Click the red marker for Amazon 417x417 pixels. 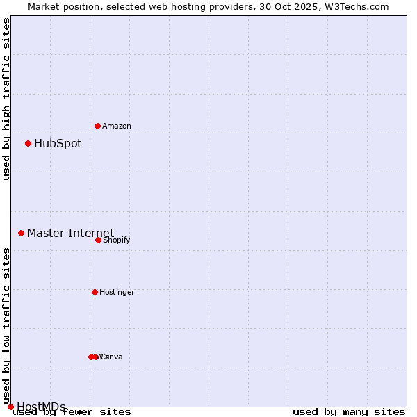click(x=97, y=126)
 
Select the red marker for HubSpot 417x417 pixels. click(x=28, y=144)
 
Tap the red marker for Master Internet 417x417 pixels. click(x=21, y=233)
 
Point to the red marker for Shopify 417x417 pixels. click(x=98, y=240)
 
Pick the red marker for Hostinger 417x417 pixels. click(x=95, y=292)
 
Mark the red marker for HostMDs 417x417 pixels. click(x=10, y=407)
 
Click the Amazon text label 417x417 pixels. click(x=117, y=126)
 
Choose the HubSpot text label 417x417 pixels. click(x=58, y=144)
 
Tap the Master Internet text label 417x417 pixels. click(x=70, y=233)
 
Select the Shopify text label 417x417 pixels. click(x=116, y=240)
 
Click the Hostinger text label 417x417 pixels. click(x=117, y=293)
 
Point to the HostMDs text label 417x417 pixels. click(x=41, y=407)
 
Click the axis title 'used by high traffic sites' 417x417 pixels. click(x=6, y=99)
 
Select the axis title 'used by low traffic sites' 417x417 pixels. click(x=6, y=320)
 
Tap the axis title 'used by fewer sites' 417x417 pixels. click(x=72, y=412)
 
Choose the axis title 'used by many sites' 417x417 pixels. click(x=349, y=412)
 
